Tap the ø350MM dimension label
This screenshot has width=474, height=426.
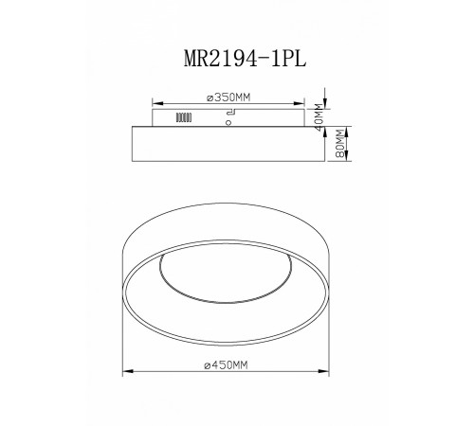tap(234, 96)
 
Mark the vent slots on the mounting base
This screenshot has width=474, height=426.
tap(180, 119)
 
